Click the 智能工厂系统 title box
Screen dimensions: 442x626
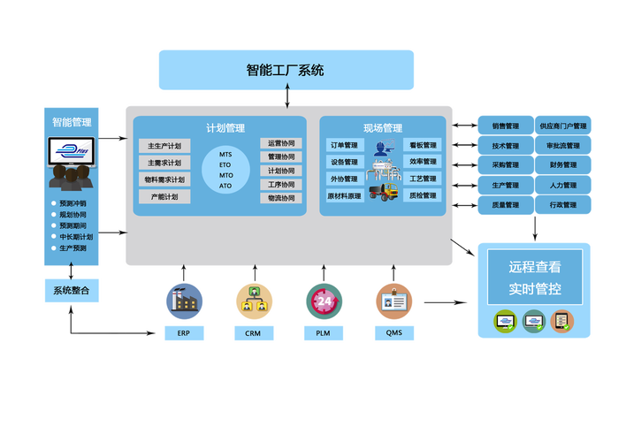pos(286,70)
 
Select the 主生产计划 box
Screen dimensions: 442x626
pos(164,146)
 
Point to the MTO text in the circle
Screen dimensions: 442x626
pos(225,175)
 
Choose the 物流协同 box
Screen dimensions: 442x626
pos(281,199)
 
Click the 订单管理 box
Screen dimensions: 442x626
pos(344,145)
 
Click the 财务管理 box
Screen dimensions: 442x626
pos(563,165)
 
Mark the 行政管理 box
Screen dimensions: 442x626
pos(563,205)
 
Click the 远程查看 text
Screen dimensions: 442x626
pos(534,266)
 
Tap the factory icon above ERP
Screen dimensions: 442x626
pos(183,300)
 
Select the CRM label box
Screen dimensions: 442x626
pos(253,334)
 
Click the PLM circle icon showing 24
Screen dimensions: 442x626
pos(324,301)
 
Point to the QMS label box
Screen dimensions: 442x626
pos(393,334)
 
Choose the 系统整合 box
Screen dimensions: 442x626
pos(71,290)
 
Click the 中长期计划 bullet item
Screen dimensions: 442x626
pos(75,237)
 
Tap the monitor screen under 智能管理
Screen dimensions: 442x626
pos(72,153)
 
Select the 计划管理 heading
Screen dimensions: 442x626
pos(225,128)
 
